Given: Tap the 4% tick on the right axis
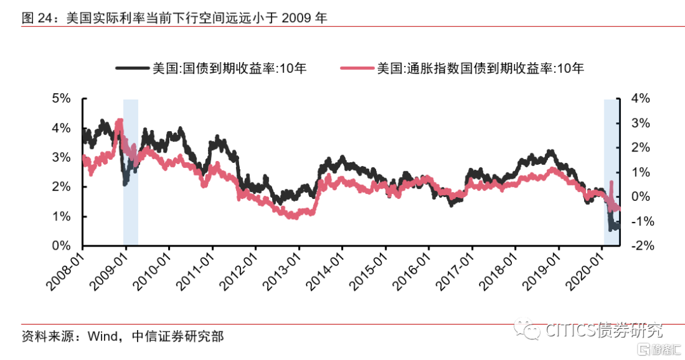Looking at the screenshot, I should point(641,99).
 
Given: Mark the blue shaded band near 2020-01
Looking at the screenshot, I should point(611,158).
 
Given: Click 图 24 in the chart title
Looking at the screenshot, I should point(37,18).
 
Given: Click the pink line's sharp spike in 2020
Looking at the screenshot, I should point(611,183).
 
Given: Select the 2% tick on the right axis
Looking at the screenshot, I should point(641,148).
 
